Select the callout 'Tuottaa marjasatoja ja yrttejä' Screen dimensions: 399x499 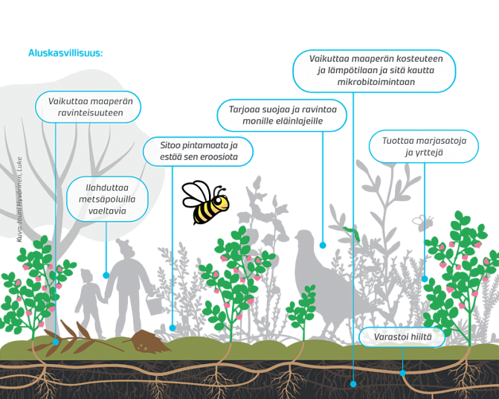click(423, 147)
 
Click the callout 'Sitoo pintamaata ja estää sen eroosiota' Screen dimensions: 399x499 click(198, 151)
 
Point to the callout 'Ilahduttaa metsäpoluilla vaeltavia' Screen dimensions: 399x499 click(106, 199)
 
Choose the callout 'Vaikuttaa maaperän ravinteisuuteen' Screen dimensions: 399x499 click(90, 106)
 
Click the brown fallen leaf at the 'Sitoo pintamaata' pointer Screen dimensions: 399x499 click(152, 340)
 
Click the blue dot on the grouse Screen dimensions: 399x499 click(322, 244)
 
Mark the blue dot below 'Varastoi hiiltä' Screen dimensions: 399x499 click(402, 372)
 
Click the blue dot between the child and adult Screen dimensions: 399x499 click(106, 275)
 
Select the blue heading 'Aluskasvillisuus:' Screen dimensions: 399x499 click(65, 53)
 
